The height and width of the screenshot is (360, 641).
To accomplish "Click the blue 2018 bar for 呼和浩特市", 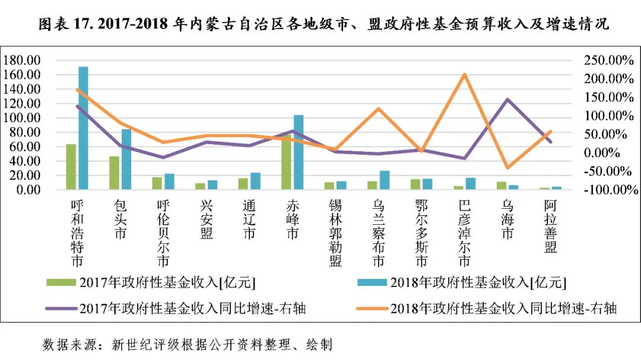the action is pyautogui.click(x=84, y=128).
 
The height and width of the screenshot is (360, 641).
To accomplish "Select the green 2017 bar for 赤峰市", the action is pyautogui.click(x=286, y=162).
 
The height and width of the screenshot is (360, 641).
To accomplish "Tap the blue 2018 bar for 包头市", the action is pyautogui.click(x=126, y=159).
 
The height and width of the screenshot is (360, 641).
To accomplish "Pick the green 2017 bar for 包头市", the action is pyautogui.click(x=114, y=173).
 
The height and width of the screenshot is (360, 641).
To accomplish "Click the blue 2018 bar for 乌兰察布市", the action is pyautogui.click(x=385, y=180).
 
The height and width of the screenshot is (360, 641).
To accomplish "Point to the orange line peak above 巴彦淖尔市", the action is pyautogui.click(x=464, y=74).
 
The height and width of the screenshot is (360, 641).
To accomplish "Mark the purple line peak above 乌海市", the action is pyautogui.click(x=507, y=99).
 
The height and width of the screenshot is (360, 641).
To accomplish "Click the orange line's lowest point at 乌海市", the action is pyautogui.click(x=507, y=167).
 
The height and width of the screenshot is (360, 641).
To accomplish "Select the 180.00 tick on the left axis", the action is pyautogui.click(x=22, y=60).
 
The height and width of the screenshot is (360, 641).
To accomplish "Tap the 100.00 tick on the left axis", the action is pyautogui.click(x=22, y=118).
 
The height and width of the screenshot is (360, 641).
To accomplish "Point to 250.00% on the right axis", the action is pyautogui.click(x=609, y=60).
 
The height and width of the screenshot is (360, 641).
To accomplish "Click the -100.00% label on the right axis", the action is pyautogui.click(x=611, y=190).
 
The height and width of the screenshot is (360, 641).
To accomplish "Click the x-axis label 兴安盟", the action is pyautogui.click(x=207, y=219).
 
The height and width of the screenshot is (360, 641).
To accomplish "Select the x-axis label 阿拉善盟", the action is pyautogui.click(x=551, y=226).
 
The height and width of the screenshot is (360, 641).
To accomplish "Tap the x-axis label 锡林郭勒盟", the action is pyautogui.click(x=335, y=233).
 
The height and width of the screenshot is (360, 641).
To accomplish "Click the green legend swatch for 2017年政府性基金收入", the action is pyautogui.click(x=61, y=282).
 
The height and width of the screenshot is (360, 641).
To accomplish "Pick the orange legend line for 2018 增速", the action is pyautogui.click(x=372, y=308).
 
